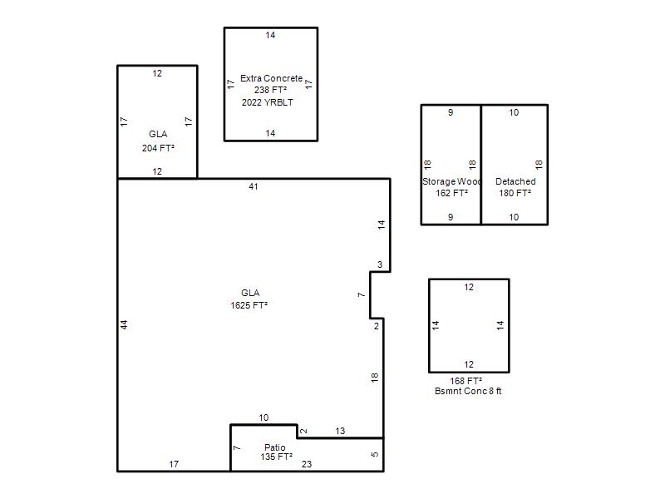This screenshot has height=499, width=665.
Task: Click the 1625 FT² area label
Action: (x=249, y=305)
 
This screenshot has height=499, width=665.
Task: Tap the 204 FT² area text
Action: (x=158, y=148)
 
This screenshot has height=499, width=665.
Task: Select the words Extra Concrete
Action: (x=272, y=78)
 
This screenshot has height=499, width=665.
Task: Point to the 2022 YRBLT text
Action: (x=267, y=102)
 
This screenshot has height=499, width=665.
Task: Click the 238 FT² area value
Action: (x=271, y=90)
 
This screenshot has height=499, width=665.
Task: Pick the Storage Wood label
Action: (x=451, y=181)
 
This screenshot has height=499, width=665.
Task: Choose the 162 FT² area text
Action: (x=451, y=193)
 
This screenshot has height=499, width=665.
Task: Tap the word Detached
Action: (x=515, y=181)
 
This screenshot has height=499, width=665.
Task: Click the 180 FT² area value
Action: (x=515, y=193)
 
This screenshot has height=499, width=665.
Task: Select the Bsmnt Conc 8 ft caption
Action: (x=468, y=391)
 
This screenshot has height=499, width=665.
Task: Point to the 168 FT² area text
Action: (x=466, y=381)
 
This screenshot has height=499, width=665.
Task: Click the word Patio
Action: (x=275, y=447)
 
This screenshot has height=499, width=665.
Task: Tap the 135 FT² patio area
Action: (x=277, y=457)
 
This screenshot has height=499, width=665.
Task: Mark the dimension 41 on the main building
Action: (x=254, y=186)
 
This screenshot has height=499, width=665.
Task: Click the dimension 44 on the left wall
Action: (x=123, y=324)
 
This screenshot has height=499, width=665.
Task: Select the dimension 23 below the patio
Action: (x=307, y=464)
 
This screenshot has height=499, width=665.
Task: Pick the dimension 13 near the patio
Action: (x=340, y=431)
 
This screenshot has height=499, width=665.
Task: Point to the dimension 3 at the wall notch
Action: (x=380, y=264)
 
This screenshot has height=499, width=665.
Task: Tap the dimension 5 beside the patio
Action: (x=375, y=454)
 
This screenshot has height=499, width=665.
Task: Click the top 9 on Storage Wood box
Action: (x=451, y=112)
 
